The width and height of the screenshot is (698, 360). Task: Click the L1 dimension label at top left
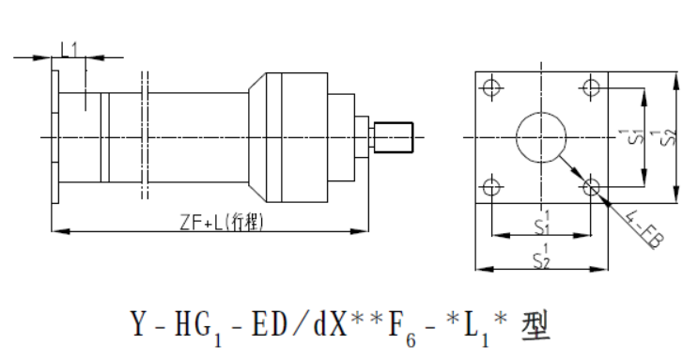(69, 50)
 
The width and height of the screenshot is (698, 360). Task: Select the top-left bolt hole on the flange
(491, 87)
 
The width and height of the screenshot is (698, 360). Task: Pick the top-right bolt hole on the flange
(591, 87)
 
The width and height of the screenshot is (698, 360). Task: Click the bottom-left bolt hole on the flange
(491, 187)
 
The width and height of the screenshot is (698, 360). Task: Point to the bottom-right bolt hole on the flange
(591, 187)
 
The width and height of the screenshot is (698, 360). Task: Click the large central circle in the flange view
(541, 112)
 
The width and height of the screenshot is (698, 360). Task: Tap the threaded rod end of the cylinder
(394, 137)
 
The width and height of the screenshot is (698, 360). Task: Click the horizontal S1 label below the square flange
(542, 224)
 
